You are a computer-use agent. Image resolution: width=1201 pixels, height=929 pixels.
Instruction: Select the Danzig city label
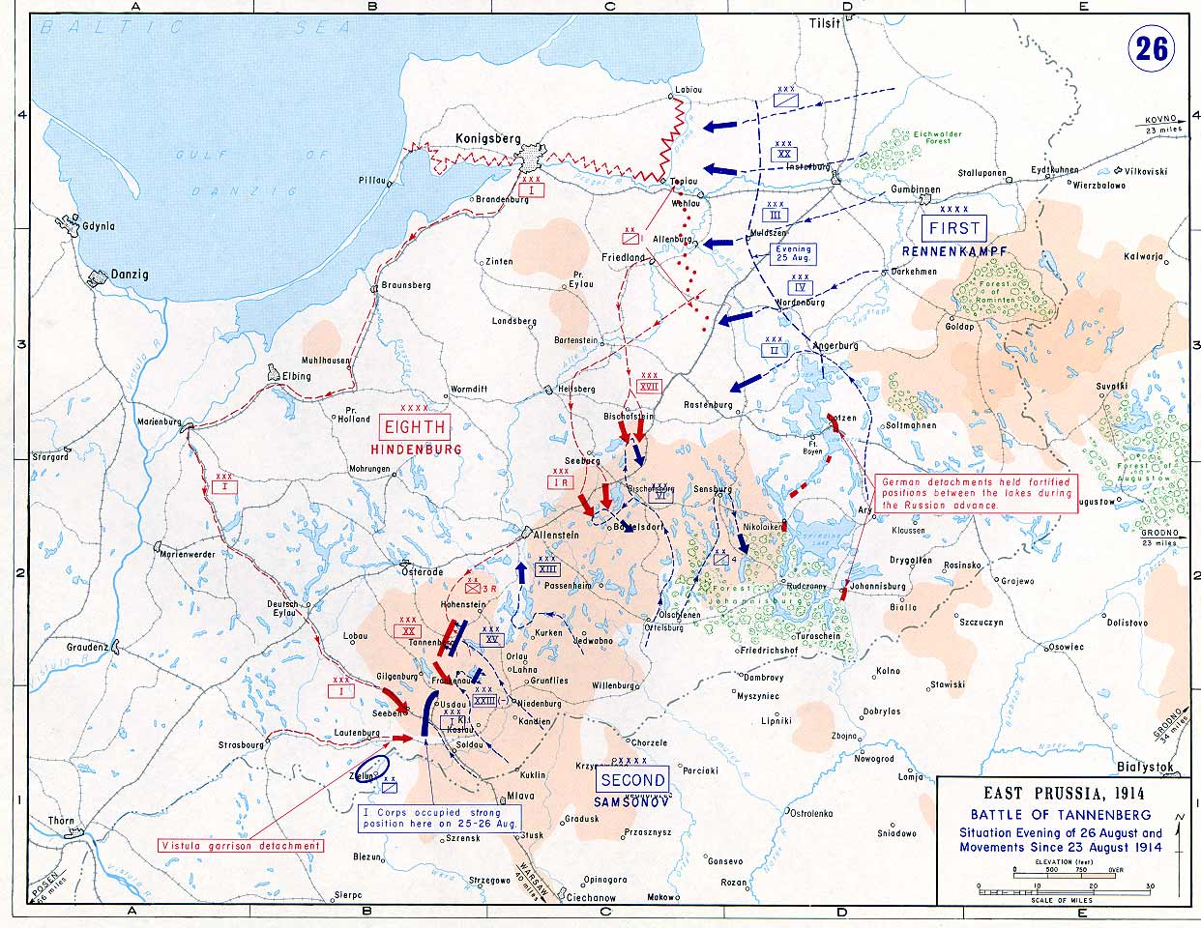click(129, 275)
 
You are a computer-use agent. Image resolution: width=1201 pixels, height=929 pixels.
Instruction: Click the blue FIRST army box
click(954, 228)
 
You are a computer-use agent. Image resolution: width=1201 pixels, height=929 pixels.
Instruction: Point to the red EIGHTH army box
click(415, 427)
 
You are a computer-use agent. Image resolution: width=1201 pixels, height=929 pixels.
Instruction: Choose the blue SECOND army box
click(632, 780)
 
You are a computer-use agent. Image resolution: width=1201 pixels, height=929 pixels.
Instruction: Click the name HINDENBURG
click(415, 450)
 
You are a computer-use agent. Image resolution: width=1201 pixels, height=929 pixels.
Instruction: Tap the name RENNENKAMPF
click(954, 251)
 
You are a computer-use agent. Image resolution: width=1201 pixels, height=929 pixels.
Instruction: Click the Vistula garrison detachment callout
click(241, 846)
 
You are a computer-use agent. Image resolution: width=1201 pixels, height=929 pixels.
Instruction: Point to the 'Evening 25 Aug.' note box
click(793, 254)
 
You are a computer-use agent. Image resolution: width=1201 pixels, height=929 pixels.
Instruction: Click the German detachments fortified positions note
click(975, 493)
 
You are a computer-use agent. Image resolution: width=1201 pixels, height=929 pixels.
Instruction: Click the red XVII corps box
click(649, 385)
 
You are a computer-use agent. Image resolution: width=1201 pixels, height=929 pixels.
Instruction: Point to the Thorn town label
click(62, 821)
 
